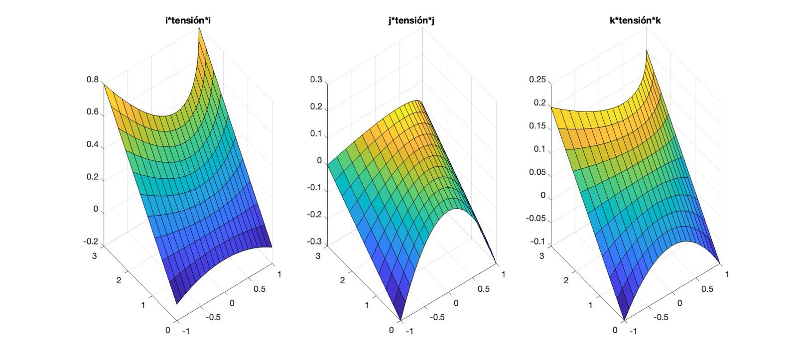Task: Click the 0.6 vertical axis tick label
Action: tap(92, 112)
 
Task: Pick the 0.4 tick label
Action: tap(92, 144)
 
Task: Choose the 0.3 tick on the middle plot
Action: tap(316, 80)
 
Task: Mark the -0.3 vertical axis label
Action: tap(315, 242)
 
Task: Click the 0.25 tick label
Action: tap(537, 80)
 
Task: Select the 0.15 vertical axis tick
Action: tap(537, 126)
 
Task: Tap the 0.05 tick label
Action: tap(537, 172)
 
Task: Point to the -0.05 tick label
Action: tap(536, 219)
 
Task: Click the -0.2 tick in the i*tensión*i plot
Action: tap(91, 242)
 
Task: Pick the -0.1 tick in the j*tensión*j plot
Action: tap(315, 188)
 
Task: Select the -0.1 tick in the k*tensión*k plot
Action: tap(538, 242)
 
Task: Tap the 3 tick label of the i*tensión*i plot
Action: tap(95, 255)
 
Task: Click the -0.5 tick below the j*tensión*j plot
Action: tap(437, 317)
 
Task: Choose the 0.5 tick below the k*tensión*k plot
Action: tap(707, 289)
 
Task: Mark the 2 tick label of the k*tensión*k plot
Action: tap(566, 281)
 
